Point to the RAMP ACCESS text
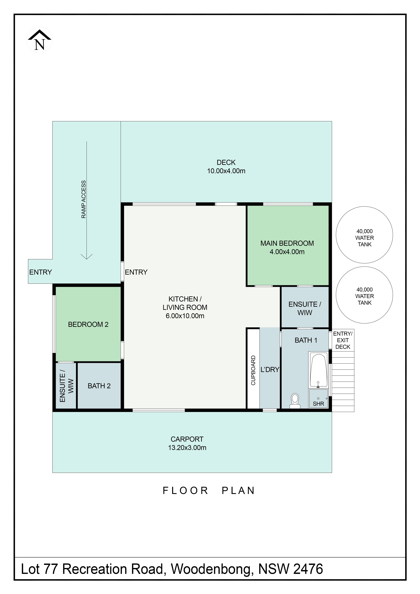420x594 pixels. pos(83,199)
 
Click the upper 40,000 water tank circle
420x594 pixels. pos(364,235)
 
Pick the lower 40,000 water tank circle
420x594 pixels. pos(364,295)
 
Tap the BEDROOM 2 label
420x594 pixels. pos(88,324)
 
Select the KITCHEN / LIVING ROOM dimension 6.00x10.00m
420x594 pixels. pos(185,316)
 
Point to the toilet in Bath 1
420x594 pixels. pos(295,401)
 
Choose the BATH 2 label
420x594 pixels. pos(99,386)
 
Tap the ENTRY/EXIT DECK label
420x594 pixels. pos(343,340)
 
